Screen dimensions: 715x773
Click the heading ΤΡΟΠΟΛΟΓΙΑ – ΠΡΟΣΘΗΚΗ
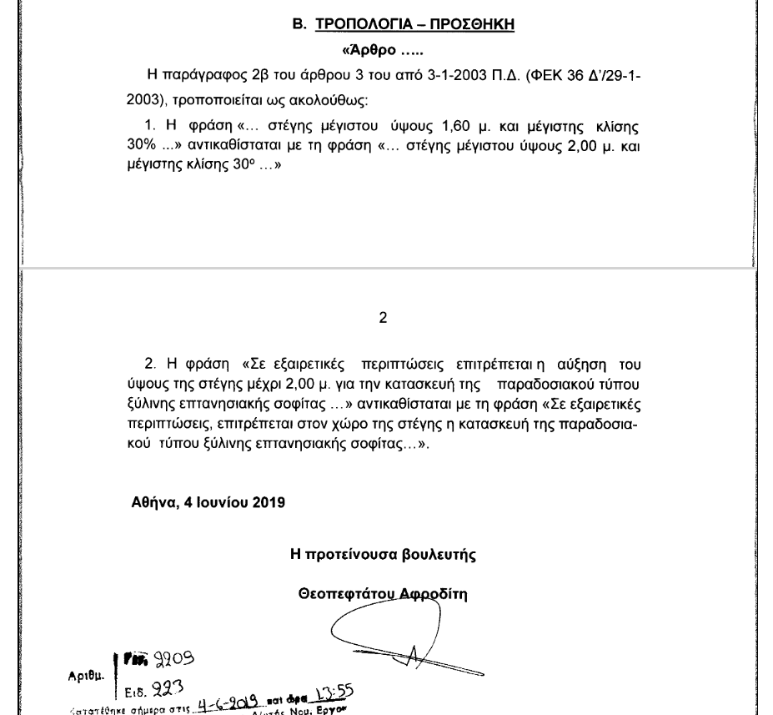pyautogui.click(x=414, y=25)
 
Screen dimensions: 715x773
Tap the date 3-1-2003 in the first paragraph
pyautogui.click(x=429, y=78)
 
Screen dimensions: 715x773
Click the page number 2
pyautogui.click(x=383, y=318)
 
